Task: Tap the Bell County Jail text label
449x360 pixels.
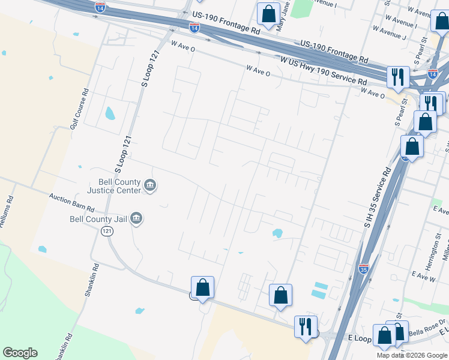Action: click(x=98, y=219)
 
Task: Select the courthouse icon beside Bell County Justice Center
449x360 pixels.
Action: click(x=150, y=187)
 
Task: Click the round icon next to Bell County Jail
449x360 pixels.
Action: click(x=136, y=217)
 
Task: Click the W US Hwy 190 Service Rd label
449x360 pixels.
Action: click(x=324, y=71)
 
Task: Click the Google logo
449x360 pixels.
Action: click(x=20, y=353)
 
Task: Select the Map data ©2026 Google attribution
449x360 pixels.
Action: click(x=412, y=355)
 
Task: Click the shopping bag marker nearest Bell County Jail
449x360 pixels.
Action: click(x=203, y=287)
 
